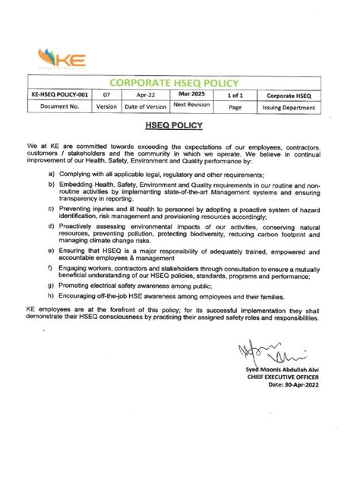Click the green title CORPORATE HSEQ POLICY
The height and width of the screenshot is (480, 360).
(x=175, y=82)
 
